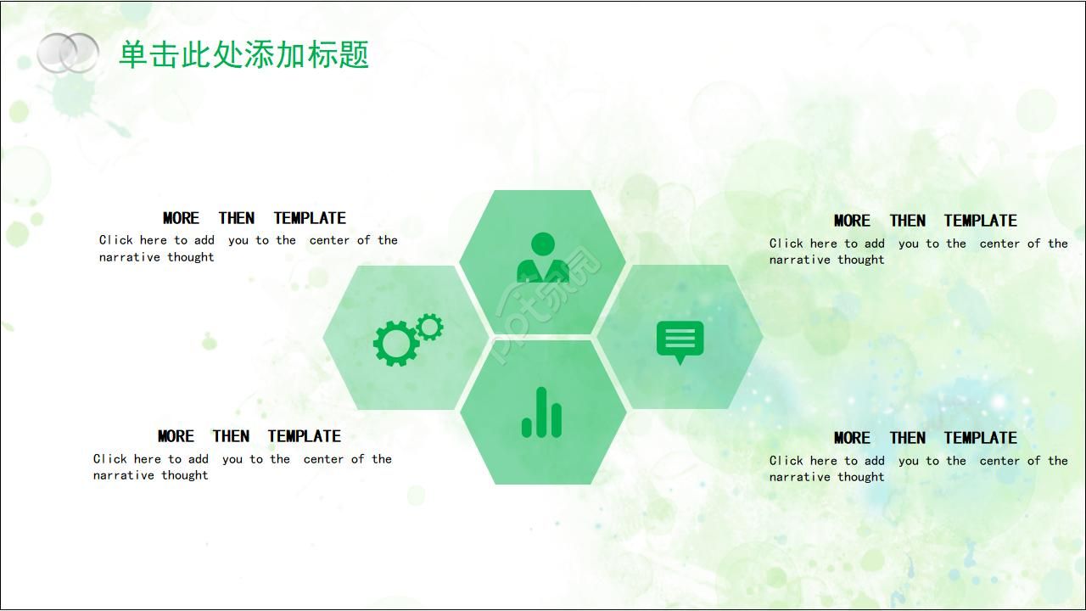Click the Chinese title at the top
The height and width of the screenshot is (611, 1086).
pyautogui.click(x=244, y=55)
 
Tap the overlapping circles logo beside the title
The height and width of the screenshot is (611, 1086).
pyautogui.click(x=68, y=53)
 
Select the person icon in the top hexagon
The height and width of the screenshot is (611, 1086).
pyautogui.click(x=542, y=258)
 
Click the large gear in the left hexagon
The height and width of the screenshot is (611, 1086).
pyautogui.click(x=395, y=344)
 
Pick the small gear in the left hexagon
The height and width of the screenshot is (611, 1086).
pyautogui.click(x=430, y=327)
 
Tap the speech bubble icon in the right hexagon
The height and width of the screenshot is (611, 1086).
pyautogui.click(x=680, y=341)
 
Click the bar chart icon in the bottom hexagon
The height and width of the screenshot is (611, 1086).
pyautogui.click(x=541, y=412)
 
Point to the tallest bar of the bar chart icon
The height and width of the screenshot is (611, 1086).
pyautogui.click(x=541, y=412)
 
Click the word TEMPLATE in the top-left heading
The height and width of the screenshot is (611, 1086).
pyautogui.click(x=310, y=218)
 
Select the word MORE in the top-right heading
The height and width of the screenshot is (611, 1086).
pyautogui.click(x=852, y=221)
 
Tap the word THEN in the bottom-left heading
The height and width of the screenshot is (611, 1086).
pyautogui.click(x=231, y=436)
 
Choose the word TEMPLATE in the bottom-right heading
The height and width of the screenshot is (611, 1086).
pyautogui.click(x=980, y=438)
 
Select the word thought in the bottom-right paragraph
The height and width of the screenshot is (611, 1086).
pyautogui.click(x=861, y=477)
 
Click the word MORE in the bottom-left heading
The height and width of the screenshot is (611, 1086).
pyautogui.click(x=176, y=436)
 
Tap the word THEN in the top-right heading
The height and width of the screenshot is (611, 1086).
pyautogui.click(x=907, y=221)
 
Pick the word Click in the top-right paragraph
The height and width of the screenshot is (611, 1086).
pyautogui.click(x=787, y=244)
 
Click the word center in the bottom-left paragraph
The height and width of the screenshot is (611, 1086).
pyautogui.click(x=323, y=459)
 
